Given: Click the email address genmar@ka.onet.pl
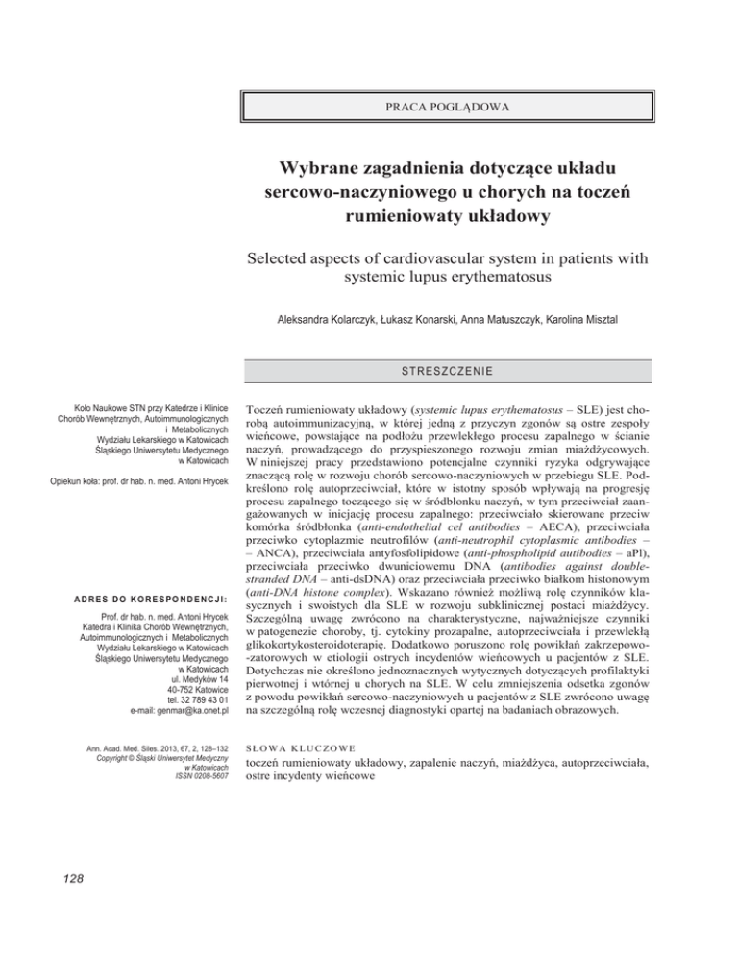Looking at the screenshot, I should click(169, 737).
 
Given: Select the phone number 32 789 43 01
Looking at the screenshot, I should click(189, 724).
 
